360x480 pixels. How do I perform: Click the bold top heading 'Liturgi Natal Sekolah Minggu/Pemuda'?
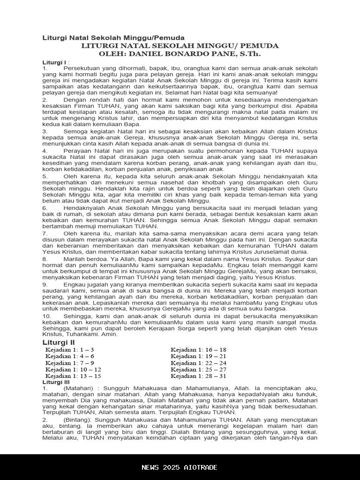[x=113, y=37]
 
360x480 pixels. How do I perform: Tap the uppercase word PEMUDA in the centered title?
[x=260, y=46]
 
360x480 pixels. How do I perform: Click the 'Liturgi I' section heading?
[x=54, y=62]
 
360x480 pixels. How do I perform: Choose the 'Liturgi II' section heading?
[x=59, y=343]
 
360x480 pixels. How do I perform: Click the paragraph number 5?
[x=45, y=176]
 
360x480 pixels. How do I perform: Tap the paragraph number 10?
[x=46, y=316]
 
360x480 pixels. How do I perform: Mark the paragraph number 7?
[x=45, y=232]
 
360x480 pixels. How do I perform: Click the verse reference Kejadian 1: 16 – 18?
[x=198, y=350]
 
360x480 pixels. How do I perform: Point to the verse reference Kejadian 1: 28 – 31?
[x=198, y=376]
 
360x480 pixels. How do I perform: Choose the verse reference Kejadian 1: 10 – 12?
[x=73, y=369]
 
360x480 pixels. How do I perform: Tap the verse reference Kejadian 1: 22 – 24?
[x=198, y=363]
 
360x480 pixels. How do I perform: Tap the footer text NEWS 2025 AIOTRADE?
[x=180, y=467]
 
